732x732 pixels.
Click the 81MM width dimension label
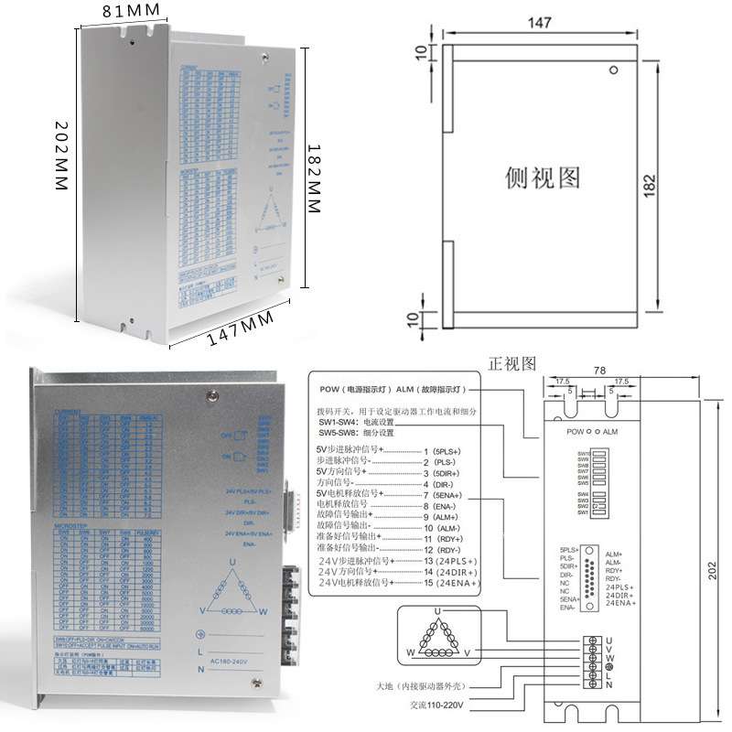(x=131, y=11)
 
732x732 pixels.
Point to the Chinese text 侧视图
(x=543, y=177)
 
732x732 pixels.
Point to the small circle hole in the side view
(x=615, y=70)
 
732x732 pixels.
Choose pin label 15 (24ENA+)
(x=451, y=582)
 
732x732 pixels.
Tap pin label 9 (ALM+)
(x=448, y=517)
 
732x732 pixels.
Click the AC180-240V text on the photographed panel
(x=233, y=661)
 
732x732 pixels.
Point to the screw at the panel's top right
(x=212, y=395)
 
